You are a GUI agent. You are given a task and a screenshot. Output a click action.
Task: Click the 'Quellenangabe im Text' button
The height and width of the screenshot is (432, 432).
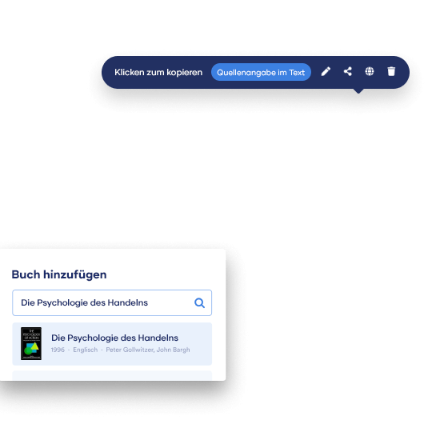[x=261, y=72]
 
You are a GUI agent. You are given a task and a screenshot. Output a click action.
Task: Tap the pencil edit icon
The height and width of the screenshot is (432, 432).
[x=326, y=72]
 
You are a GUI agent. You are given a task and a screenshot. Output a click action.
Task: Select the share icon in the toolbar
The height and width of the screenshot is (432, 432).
[x=348, y=72]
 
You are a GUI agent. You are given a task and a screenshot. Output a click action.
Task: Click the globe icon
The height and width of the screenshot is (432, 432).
[x=370, y=72]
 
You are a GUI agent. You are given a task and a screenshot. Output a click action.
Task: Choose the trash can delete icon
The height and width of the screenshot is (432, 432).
[x=391, y=71]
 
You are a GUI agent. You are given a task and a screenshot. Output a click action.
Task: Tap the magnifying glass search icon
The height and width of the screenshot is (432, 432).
[x=199, y=303]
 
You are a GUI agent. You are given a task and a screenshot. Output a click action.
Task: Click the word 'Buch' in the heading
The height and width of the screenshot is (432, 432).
[x=26, y=274]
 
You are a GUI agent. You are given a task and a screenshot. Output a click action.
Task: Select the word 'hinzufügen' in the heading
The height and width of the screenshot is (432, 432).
[x=75, y=274]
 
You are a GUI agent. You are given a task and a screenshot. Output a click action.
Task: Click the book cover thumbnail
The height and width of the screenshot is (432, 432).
[x=31, y=343]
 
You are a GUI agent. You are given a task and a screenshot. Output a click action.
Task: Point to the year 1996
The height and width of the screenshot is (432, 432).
[x=58, y=350]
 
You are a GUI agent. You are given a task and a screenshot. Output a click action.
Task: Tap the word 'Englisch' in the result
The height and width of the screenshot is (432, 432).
[x=86, y=350]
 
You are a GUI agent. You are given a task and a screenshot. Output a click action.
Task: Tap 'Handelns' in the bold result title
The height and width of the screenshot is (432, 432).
[x=158, y=338]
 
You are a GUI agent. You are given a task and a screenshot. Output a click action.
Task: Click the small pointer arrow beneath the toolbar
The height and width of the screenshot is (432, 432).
[x=358, y=91]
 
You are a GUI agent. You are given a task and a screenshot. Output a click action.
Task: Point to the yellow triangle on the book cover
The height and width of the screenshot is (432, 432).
[x=34, y=346]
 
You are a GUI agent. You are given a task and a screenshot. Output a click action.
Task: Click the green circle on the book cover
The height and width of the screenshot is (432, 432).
[x=28, y=350]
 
